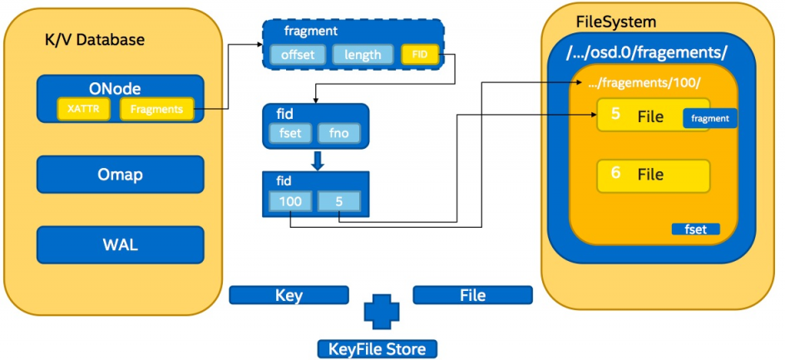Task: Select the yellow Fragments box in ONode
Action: [157, 108]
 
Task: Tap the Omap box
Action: [120, 175]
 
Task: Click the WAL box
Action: [120, 244]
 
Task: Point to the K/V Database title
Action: [94, 40]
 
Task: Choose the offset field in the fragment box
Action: [297, 55]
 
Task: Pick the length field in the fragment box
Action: [363, 55]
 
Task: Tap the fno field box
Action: [337, 133]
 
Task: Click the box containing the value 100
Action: [290, 200]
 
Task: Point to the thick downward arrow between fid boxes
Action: [316, 159]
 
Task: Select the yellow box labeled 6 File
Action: [653, 175]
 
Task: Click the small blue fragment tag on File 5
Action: [709, 119]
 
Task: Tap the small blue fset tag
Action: [695, 229]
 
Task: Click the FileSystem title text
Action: [615, 22]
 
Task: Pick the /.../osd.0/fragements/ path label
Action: [647, 52]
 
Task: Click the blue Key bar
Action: [289, 295]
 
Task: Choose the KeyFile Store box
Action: [377, 348]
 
